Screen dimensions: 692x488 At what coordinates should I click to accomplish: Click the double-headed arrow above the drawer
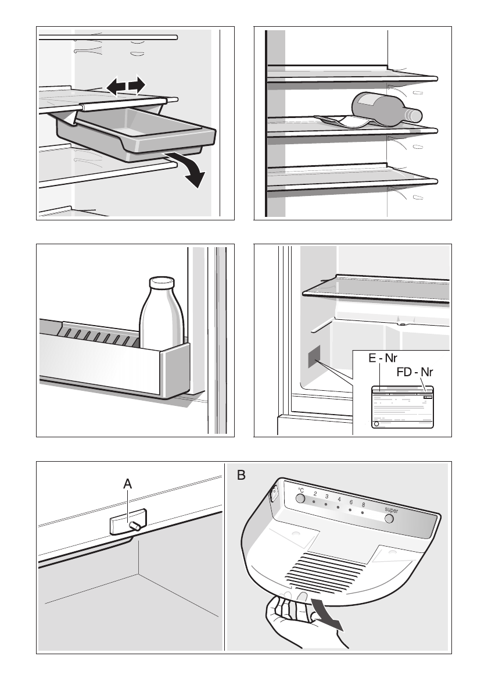[126, 87]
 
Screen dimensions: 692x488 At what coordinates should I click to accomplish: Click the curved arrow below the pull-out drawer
[191, 168]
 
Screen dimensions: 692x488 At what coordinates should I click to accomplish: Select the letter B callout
[241, 476]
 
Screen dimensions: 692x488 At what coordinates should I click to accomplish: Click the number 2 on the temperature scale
[314, 494]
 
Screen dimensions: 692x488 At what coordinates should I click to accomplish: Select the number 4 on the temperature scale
[339, 499]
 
